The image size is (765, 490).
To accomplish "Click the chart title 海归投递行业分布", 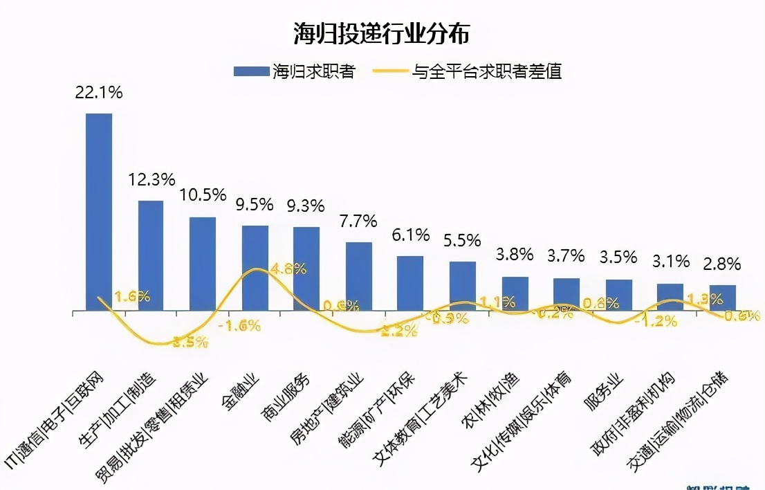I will (382, 33).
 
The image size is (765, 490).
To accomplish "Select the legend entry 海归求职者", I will (295, 71).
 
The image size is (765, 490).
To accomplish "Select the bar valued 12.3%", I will (151, 256).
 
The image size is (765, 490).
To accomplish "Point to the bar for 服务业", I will (619, 296).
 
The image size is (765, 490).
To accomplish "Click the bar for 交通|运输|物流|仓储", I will (723, 298).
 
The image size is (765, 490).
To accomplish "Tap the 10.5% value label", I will (203, 195).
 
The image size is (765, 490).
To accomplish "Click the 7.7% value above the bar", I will (358, 221).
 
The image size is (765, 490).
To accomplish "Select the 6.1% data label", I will (410, 235).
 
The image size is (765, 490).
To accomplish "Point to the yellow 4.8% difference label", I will (289, 269).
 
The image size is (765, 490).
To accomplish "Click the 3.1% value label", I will (671, 262).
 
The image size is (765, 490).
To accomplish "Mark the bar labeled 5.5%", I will (463, 287).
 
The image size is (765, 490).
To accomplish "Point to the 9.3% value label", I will (307, 206).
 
